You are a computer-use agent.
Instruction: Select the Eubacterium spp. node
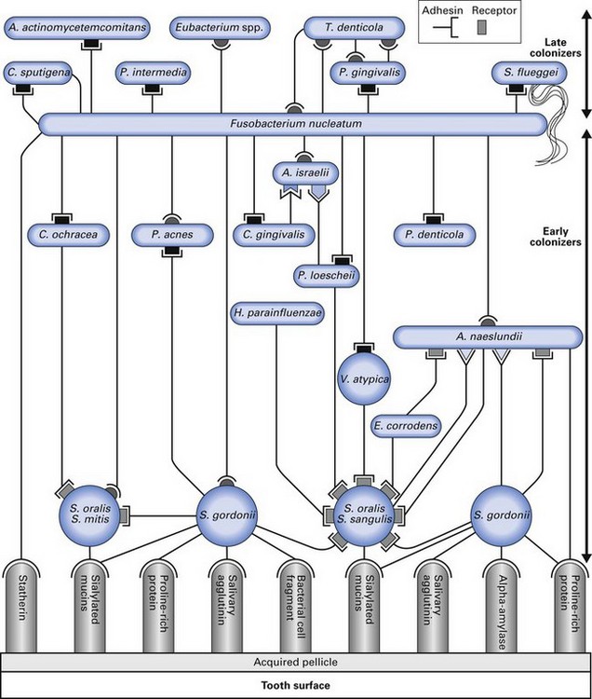(219, 29)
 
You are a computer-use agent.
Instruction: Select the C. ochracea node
(62, 234)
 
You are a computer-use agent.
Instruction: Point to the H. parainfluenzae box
(277, 313)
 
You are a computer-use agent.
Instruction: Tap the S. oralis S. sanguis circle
(364, 514)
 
